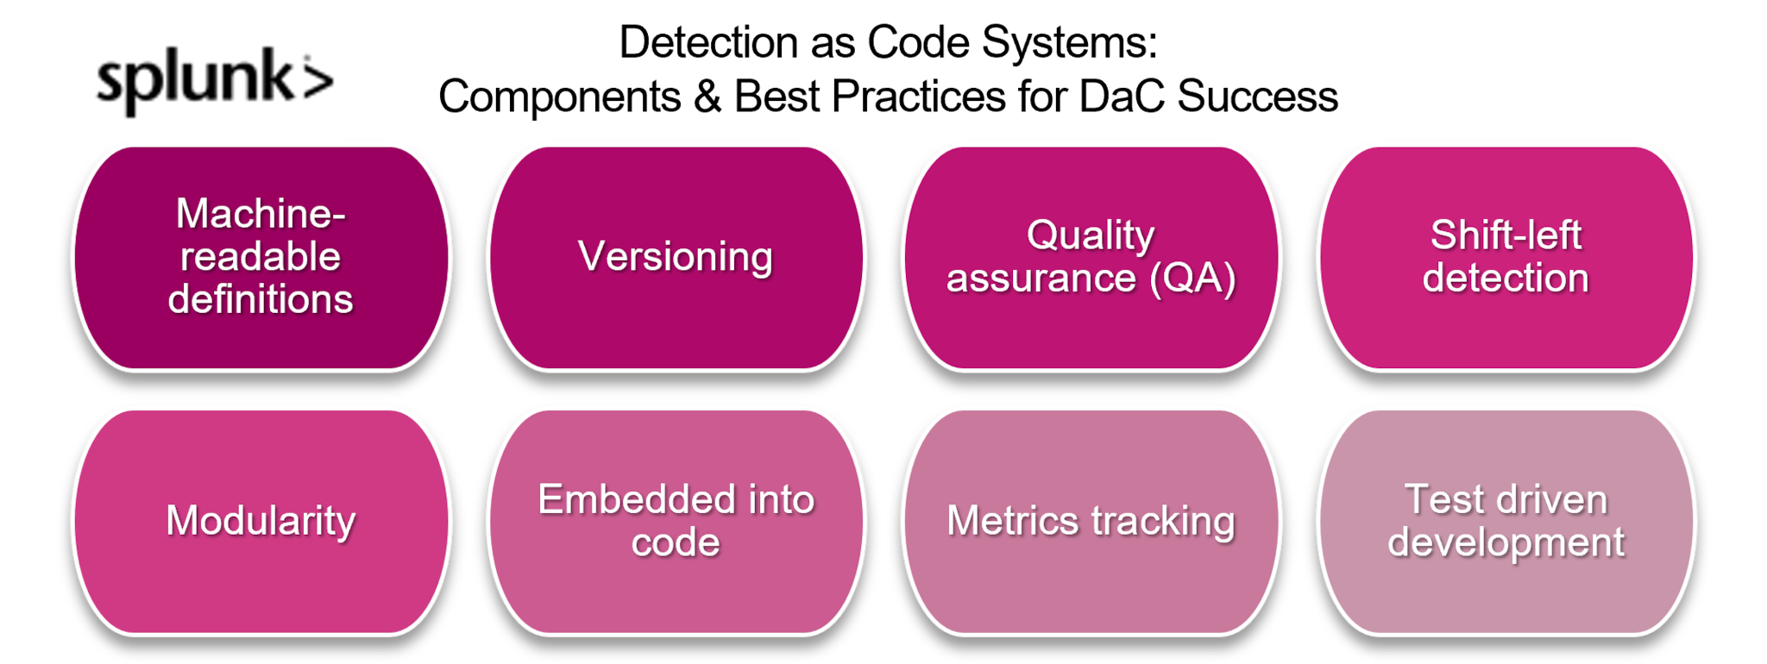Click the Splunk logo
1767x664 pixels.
[215, 80]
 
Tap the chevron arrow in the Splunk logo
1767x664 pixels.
[317, 79]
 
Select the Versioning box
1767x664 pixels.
[676, 259]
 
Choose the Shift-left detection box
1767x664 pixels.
[1506, 259]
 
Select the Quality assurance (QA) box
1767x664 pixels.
[1091, 259]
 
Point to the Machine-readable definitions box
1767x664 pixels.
[261, 259]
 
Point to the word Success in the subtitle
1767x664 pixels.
[1258, 96]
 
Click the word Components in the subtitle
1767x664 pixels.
[559, 97]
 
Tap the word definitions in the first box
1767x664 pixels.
[261, 299]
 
